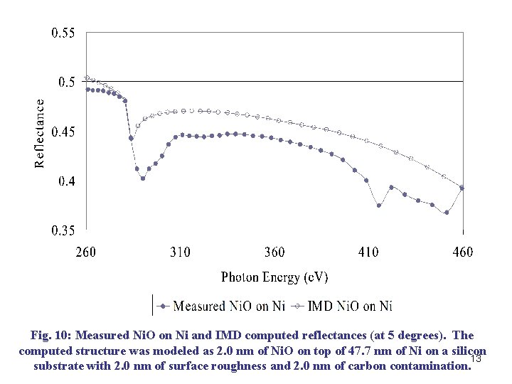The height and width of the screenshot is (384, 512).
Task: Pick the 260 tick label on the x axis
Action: pos(85,252)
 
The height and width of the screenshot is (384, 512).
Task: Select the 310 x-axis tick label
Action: pos(180,252)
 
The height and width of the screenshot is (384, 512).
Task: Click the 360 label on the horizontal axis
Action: pos(274,252)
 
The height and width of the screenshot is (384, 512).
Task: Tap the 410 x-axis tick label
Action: pos(368,252)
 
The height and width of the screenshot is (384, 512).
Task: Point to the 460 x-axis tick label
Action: pos(462,252)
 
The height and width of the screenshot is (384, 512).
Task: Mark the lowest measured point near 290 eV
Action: pos(143,178)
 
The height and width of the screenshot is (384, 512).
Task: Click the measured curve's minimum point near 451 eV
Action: pos(447,212)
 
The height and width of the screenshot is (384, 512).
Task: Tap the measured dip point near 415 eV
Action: pos(379,206)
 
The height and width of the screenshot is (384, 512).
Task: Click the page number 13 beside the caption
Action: pos(477,359)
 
